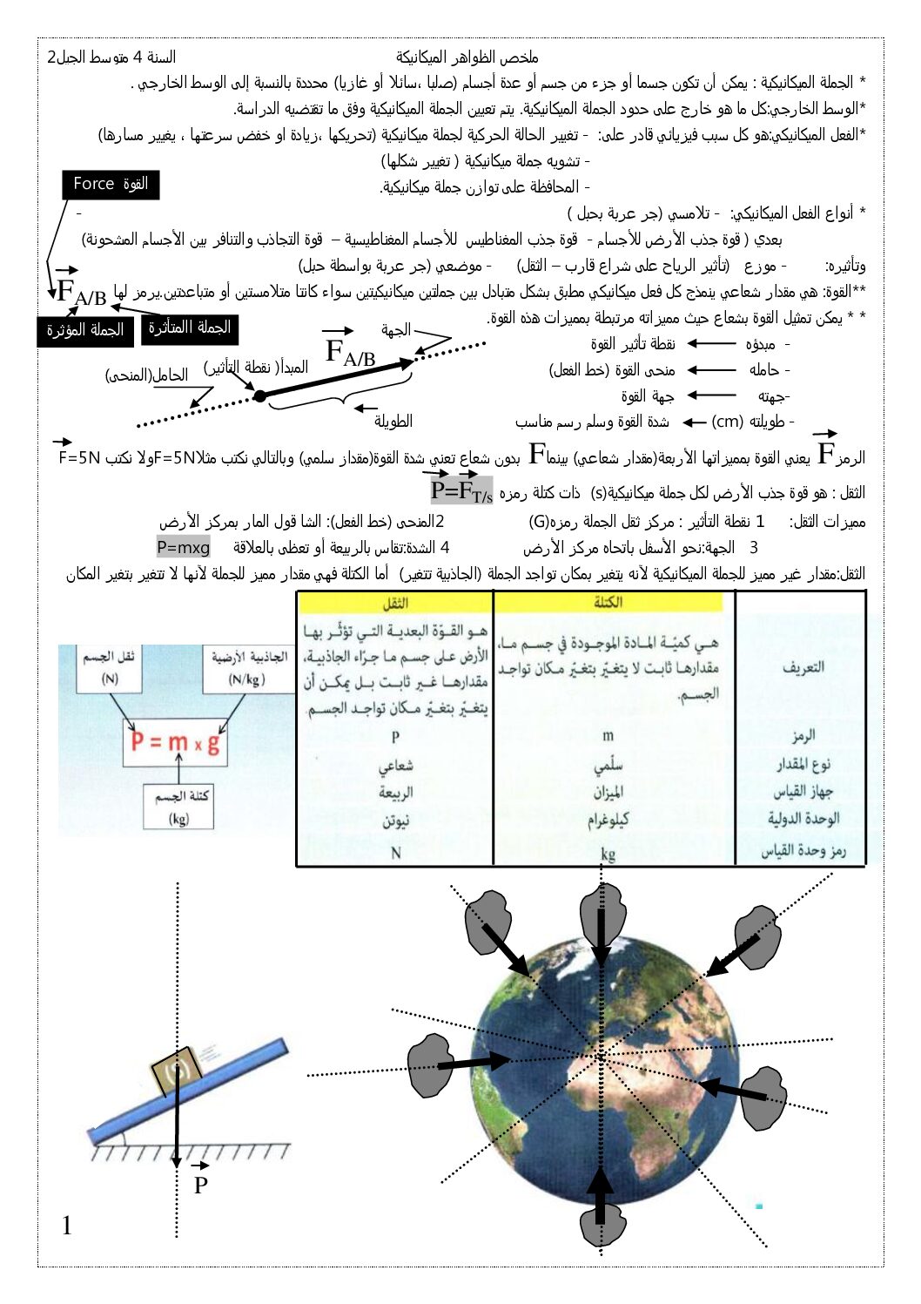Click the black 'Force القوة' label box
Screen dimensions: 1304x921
tap(111, 185)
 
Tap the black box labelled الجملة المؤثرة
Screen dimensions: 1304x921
tap(84, 331)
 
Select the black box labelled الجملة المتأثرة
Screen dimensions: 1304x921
tap(189, 328)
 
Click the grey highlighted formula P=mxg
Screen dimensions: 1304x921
tap(183, 548)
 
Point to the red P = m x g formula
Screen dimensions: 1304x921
tap(174, 742)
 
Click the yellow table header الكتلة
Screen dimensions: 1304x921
tap(608, 602)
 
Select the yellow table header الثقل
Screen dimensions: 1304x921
tap(395, 603)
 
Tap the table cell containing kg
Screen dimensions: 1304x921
tap(608, 853)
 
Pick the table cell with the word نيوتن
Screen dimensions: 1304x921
tap(395, 821)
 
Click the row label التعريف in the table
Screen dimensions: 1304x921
tap(802, 667)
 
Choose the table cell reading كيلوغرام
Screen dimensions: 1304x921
tap(608, 821)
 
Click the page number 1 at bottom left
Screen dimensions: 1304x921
tap(67, 1226)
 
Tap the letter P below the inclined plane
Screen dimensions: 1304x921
tap(200, 1185)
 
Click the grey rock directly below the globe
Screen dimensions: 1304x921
tap(601, 1215)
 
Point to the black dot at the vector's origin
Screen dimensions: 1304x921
tap(259, 396)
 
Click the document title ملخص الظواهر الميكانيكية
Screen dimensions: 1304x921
tap(467, 57)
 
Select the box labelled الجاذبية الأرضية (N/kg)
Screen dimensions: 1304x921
tap(247, 668)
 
